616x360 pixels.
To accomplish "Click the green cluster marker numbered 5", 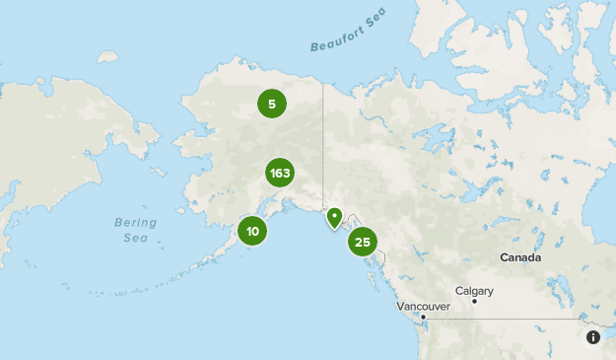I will coord(271,103).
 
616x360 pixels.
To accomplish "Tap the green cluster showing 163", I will coord(280,174).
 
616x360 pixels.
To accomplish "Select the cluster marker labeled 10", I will coord(253,232).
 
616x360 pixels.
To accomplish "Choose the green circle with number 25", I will coord(363,241).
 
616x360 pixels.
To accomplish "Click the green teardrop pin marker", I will coord(334,217).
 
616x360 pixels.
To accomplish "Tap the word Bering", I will coord(135,222).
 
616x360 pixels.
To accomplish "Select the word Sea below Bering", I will coord(135,238).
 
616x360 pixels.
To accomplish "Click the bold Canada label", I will coord(519,257).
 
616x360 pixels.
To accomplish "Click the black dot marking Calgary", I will coord(474,301).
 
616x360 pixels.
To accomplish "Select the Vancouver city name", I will coord(423,307).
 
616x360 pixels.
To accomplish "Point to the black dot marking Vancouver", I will coord(423,317).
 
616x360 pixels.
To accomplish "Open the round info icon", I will coord(593,337).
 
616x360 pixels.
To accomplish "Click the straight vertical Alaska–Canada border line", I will coord(323,138).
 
